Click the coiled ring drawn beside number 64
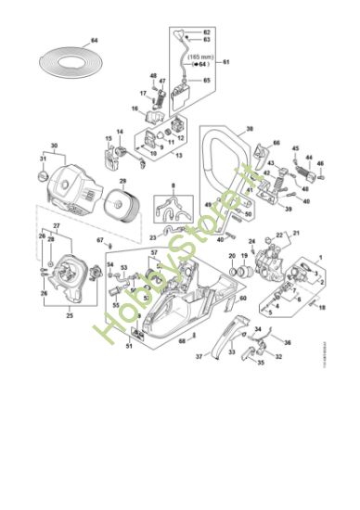tap(65, 61)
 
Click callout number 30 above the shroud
tap(54, 146)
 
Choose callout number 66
tap(276, 143)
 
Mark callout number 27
tap(55, 226)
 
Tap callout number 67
tap(99, 241)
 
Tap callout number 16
tap(134, 108)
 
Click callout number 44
tap(310, 159)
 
